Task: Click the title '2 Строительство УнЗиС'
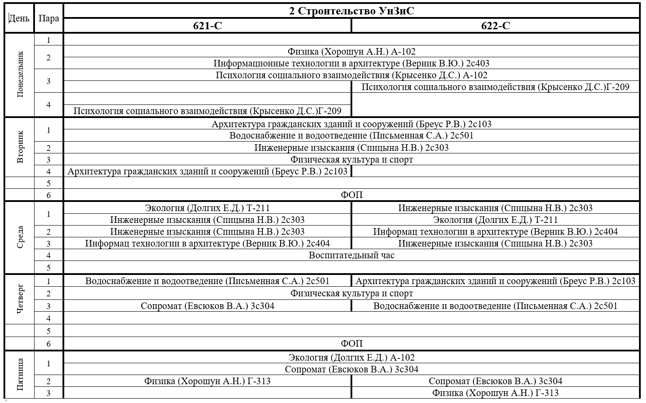(x=351, y=11)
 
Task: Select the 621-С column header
(x=208, y=26)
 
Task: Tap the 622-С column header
(x=495, y=26)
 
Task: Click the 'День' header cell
(x=19, y=18)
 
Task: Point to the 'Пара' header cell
(x=49, y=18)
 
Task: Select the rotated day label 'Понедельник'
(x=20, y=74)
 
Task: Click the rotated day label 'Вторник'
(x=20, y=146)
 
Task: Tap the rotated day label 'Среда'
(x=20, y=237)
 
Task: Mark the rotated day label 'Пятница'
(x=20, y=375)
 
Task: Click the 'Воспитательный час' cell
(x=351, y=255)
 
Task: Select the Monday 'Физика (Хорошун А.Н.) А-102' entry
(x=351, y=52)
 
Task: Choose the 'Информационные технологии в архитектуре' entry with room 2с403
(x=351, y=63)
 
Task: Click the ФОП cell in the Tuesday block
(x=351, y=195)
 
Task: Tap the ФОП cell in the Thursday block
(x=351, y=344)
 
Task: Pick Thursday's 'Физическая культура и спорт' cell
(x=351, y=293)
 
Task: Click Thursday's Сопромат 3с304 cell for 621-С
(x=208, y=306)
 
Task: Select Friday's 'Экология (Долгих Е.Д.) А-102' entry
(x=351, y=358)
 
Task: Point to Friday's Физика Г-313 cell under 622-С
(x=495, y=393)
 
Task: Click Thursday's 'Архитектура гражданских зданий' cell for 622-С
(x=495, y=281)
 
